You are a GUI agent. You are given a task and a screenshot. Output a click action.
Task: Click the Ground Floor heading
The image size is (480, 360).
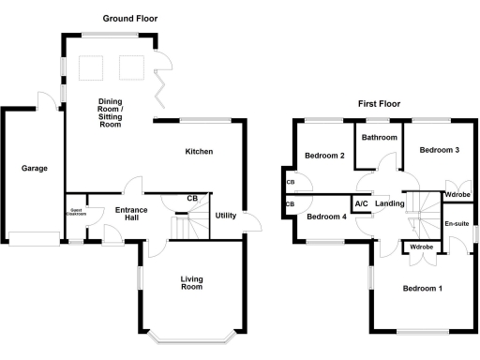coord(130,18)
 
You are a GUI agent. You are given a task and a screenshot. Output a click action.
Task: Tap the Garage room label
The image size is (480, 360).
coord(34,169)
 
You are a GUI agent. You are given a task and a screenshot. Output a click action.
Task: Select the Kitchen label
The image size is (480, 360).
coord(199,152)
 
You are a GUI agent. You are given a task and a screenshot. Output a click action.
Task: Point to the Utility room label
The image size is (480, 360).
coord(226,216)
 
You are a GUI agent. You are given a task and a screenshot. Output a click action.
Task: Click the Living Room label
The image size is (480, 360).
coord(191,282)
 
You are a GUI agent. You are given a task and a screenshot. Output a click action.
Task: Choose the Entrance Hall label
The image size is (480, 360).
coord(121,214)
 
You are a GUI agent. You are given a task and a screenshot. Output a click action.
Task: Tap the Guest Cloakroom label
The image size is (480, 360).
coord(75,212)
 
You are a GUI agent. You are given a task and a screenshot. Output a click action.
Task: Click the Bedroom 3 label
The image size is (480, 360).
coord(438,150)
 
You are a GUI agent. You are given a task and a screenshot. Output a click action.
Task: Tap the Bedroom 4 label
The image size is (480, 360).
coord(327,217)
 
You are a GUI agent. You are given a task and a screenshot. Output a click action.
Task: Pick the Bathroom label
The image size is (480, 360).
coord(380,138)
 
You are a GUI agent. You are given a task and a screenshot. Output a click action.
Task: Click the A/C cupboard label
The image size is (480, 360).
coord(360,203)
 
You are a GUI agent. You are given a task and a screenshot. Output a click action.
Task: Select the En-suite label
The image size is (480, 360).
coord(457,224)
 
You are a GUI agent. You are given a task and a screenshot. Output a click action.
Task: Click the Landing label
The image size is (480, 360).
coord(389,203)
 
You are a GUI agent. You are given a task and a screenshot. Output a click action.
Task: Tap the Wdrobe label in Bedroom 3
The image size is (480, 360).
coord(457,195)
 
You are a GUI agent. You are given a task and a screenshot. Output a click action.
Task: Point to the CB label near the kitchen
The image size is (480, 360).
coord(192,199)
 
